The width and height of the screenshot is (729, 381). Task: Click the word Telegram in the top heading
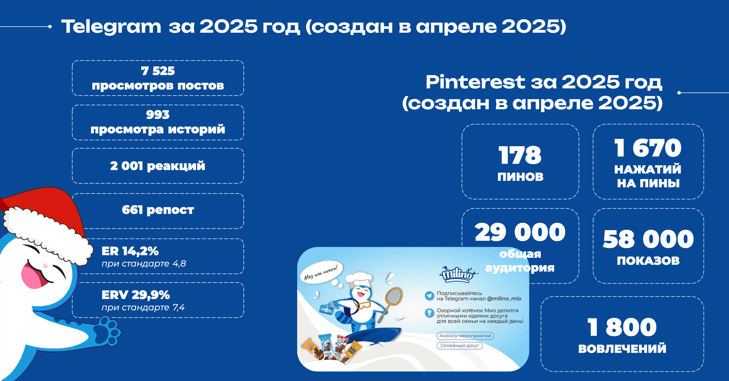(x=111, y=27)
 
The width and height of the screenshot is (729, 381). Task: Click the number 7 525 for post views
(x=158, y=71)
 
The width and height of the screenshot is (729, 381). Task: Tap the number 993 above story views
(x=158, y=115)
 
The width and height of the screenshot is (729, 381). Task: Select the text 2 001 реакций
(x=158, y=166)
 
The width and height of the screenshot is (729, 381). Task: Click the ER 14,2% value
(x=130, y=251)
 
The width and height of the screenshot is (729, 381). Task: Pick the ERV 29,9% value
(x=136, y=295)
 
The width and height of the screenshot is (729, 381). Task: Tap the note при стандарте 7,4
(x=143, y=307)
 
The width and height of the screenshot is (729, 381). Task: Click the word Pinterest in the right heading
(x=475, y=82)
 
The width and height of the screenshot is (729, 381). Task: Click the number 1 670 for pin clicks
(x=648, y=148)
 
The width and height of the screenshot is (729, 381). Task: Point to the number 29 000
(x=520, y=232)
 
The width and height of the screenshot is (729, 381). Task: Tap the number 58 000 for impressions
(x=648, y=239)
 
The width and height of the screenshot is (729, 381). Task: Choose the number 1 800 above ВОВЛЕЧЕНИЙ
(x=622, y=327)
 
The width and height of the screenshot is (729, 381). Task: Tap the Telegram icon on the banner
(x=430, y=296)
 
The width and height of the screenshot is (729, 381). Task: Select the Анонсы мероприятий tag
(x=465, y=336)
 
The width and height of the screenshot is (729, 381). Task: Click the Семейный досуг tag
(x=460, y=345)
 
